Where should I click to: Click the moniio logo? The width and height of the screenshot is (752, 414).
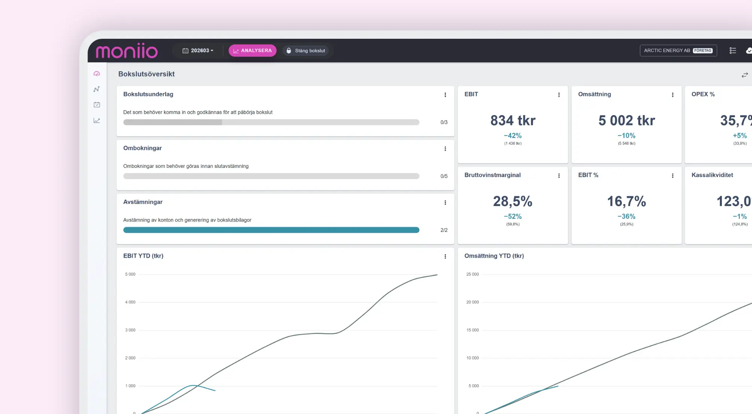pos(127,51)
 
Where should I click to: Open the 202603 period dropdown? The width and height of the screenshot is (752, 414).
pos(198,50)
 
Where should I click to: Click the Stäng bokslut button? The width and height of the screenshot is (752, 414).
pos(306,50)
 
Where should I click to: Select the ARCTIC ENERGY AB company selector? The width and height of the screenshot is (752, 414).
pos(678,50)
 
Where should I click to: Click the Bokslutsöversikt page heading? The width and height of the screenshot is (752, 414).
pos(146,74)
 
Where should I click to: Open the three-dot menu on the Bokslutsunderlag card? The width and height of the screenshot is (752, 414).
pos(445,95)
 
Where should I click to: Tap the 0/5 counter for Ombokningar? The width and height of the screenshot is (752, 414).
pos(444,176)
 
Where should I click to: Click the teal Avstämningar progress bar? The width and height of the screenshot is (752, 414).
pos(271,230)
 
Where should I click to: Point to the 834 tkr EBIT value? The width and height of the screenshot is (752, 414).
pos(513,120)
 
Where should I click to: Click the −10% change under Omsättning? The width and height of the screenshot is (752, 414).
pos(626,135)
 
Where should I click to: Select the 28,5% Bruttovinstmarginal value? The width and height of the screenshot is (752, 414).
pos(513,201)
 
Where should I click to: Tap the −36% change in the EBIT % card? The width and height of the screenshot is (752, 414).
pos(626,216)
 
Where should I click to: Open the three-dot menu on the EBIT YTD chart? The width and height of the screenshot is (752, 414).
pos(445,256)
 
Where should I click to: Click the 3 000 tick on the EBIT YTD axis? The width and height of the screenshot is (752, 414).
pos(130,330)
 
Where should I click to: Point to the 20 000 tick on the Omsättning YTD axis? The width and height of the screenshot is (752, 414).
pos(473,302)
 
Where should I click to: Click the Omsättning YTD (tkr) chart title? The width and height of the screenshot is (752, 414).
pos(494,256)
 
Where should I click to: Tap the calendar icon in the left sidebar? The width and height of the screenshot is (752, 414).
pos(97,105)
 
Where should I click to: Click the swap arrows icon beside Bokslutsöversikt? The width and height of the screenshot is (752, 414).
pos(744,75)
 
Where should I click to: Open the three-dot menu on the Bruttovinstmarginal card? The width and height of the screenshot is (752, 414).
pos(559,176)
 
